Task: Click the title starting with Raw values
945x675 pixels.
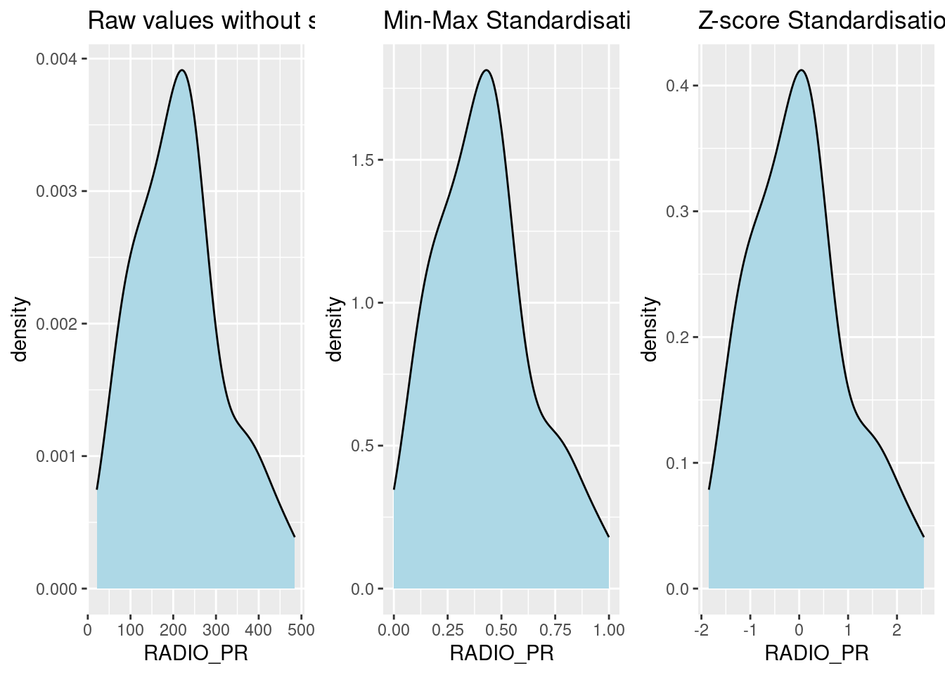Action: [200, 21]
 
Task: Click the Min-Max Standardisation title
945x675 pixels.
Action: [506, 21]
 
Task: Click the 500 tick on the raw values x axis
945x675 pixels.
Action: [301, 629]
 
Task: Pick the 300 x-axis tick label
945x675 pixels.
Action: [216, 629]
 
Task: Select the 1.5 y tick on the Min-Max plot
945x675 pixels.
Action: [363, 160]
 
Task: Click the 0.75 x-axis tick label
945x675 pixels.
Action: [555, 629]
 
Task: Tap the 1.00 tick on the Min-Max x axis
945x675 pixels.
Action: [608, 629]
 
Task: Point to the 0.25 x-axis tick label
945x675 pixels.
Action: [447, 629]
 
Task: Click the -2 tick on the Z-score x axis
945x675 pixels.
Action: [700, 629]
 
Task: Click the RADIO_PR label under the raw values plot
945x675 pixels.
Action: [195, 654]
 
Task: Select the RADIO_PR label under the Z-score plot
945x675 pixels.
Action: [816, 654]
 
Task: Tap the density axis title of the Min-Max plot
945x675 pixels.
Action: [336, 328]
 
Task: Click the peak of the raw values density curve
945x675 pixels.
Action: [182, 70]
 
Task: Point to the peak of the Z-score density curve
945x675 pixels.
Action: [802, 70]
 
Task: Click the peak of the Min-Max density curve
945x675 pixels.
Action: [486, 70]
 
